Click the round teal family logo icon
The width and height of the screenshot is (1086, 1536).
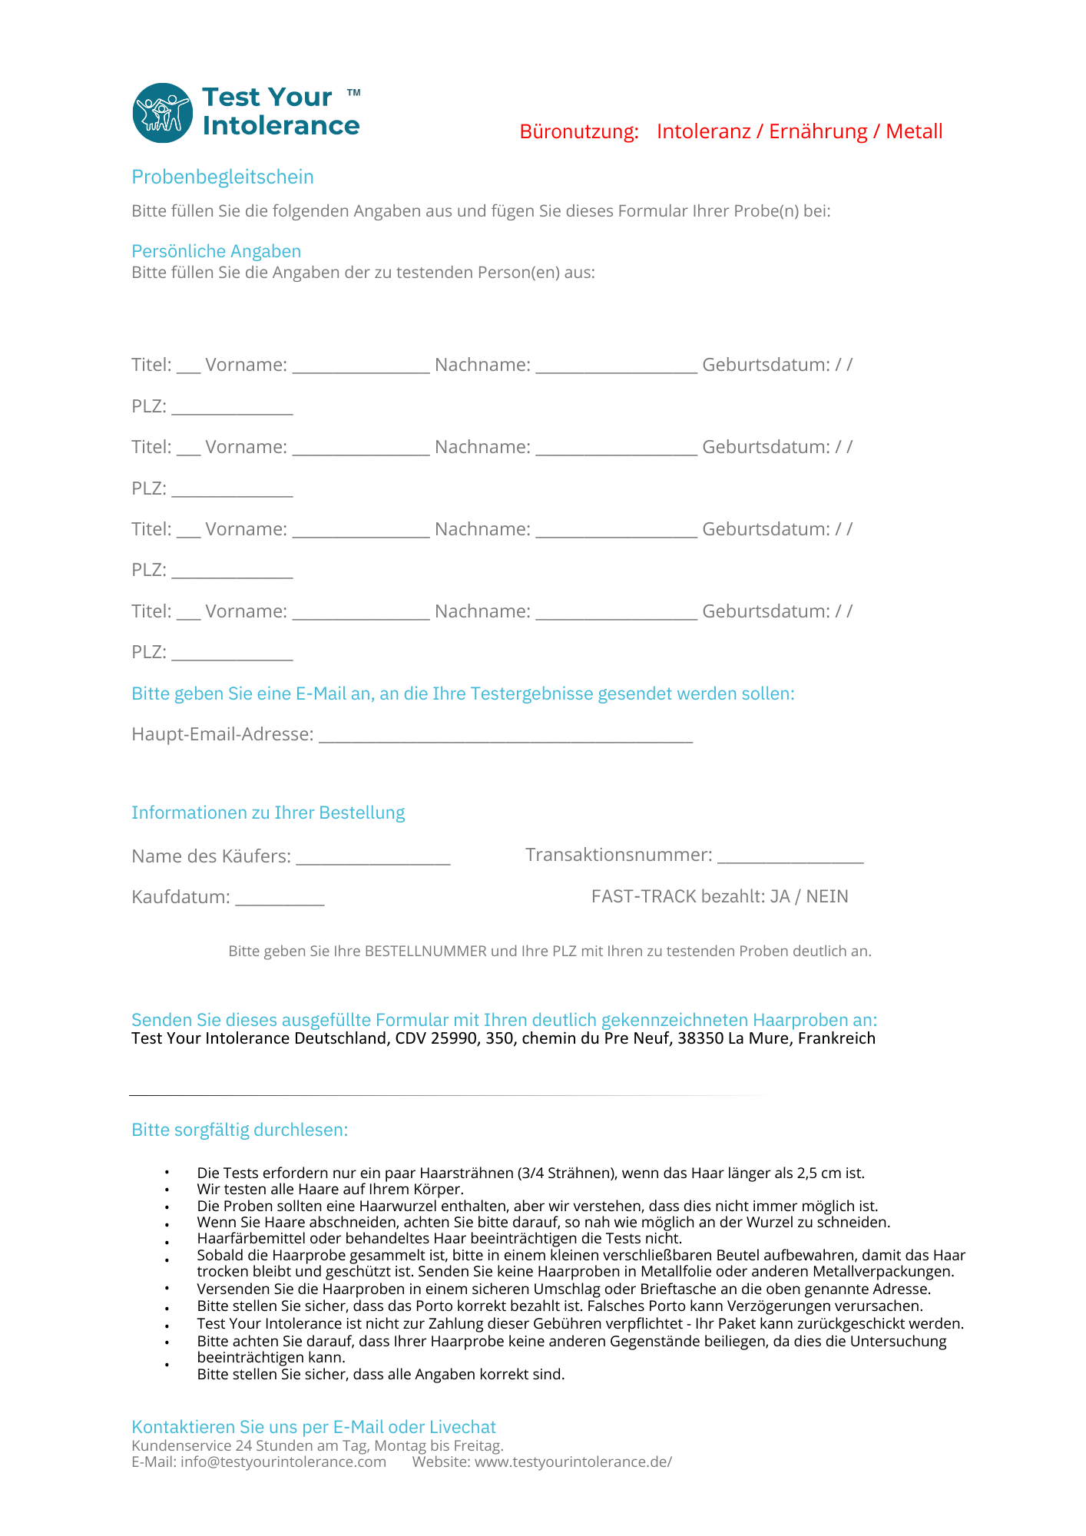point(162,113)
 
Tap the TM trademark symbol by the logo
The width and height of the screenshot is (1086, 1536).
point(353,93)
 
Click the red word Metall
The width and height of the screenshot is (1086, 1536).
point(914,131)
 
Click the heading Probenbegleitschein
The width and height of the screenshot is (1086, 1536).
point(223,177)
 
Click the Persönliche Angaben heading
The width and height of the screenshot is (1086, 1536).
point(216,251)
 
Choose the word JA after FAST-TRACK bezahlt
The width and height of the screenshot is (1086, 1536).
point(780,896)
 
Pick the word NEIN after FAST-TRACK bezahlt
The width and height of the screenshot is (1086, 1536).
point(827,896)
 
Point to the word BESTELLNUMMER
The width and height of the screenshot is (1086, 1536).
point(425,951)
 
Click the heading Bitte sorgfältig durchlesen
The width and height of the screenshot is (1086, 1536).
point(240,1130)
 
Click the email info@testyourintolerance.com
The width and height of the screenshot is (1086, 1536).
point(283,1462)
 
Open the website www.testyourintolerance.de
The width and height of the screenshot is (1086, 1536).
point(572,1462)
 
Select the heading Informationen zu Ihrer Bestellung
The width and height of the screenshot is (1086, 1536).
point(268,813)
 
